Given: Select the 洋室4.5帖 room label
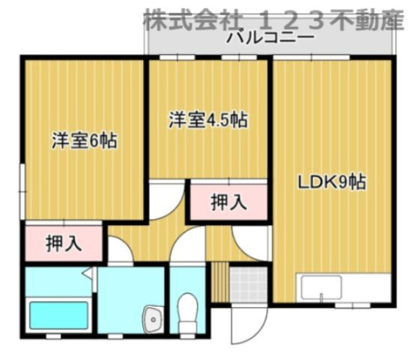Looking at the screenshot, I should [207, 119].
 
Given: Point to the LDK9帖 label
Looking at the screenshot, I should [333, 181].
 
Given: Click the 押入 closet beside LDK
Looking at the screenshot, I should [227, 202].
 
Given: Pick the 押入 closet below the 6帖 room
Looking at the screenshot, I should [63, 243].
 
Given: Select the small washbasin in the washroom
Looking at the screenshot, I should [151, 318].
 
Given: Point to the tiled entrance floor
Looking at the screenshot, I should [248, 284].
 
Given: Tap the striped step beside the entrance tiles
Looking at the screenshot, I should [219, 283].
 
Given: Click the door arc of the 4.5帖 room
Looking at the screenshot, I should [167, 196].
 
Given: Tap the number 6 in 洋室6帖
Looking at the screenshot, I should [96, 140].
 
